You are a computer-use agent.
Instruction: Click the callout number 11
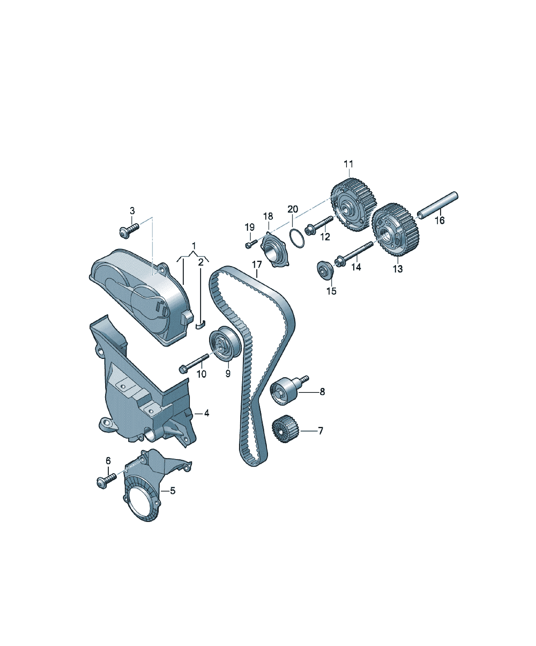tap(349, 164)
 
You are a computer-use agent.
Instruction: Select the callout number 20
tap(293, 209)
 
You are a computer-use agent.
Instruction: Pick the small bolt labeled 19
tap(250, 244)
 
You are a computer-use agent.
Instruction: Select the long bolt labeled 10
tap(194, 363)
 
